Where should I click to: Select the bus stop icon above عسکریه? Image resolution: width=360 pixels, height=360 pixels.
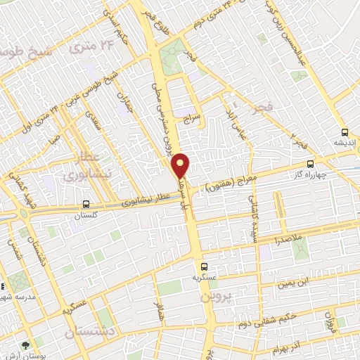[x=204, y=266]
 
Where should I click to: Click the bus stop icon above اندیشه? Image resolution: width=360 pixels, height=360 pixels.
[x=345, y=132]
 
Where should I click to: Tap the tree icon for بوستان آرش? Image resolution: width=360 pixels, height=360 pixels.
[x=25, y=345]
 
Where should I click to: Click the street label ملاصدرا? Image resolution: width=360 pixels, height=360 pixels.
[x=284, y=241]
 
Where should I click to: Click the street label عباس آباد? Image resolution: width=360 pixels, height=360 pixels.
[x=232, y=112]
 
